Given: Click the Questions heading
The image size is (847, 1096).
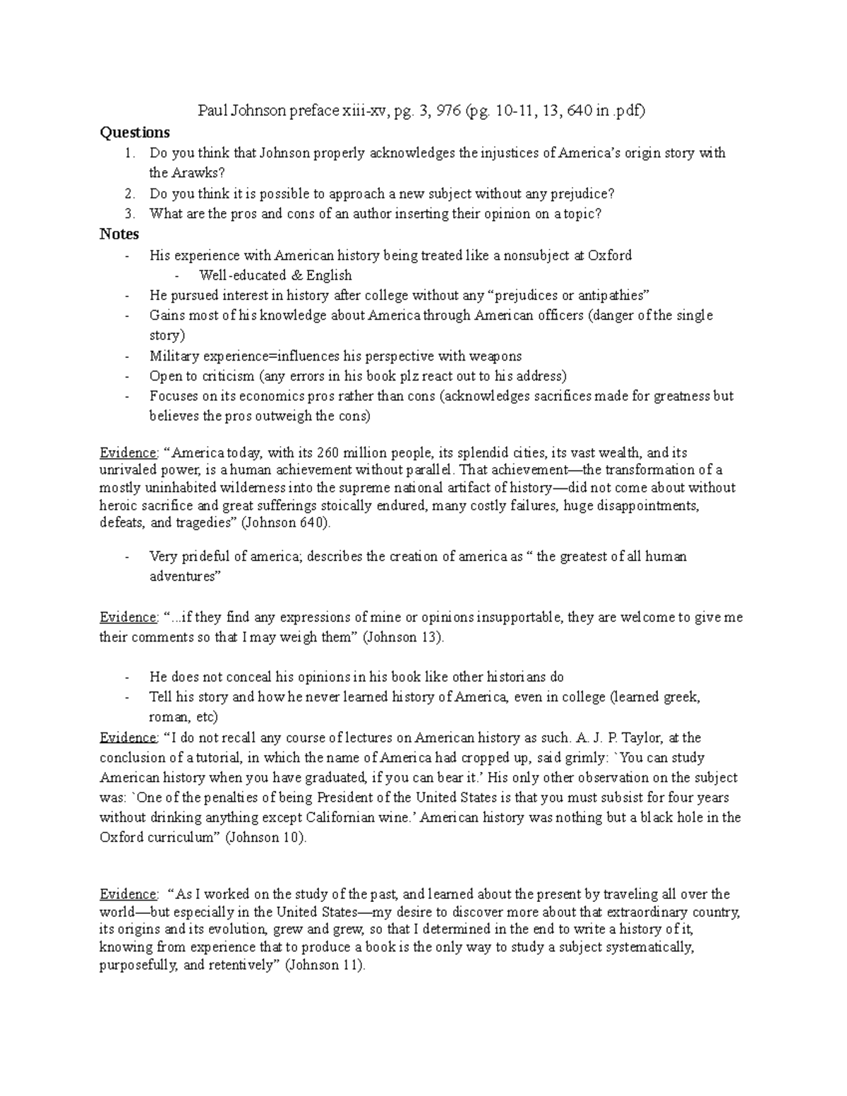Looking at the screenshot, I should (135, 133).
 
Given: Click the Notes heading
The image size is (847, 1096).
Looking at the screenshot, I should (119, 234).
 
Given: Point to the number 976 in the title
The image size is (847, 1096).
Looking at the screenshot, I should (448, 111).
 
